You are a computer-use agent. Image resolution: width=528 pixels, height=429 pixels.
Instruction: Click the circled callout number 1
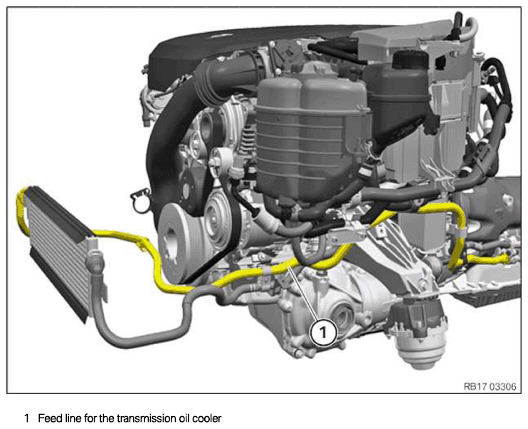324,333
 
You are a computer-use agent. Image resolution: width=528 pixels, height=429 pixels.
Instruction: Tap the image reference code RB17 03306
490,386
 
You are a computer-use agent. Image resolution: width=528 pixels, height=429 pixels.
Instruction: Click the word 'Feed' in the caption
50,418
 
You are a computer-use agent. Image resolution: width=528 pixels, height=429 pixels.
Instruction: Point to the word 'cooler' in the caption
207,418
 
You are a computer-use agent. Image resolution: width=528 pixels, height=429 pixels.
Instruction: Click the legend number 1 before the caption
26,418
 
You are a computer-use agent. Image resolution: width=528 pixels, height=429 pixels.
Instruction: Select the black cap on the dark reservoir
410,61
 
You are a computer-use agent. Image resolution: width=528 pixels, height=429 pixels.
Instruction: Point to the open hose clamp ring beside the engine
141,201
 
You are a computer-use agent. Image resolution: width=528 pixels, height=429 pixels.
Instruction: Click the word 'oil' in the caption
184,418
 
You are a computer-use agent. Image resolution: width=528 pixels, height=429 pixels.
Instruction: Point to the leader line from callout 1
304,293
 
